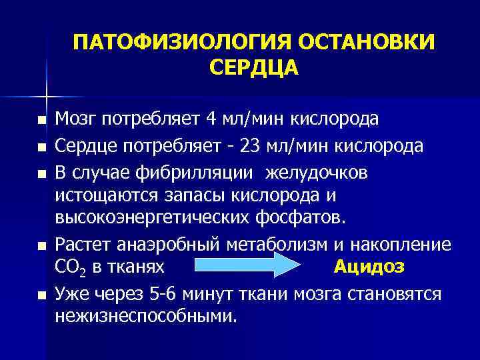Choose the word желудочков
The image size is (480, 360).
tap(317, 173)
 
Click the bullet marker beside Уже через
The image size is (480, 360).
tap(41, 295)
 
